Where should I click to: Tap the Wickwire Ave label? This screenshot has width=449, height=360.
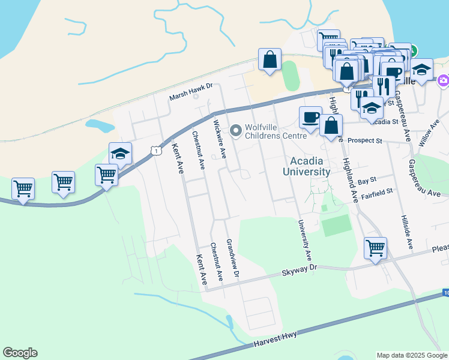point(220,139)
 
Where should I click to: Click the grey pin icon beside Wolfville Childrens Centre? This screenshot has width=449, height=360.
point(235,130)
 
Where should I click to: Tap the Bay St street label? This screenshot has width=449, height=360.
point(366,179)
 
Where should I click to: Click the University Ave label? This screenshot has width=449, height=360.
point(305,239)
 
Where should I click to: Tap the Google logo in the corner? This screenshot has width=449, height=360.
point(20,353)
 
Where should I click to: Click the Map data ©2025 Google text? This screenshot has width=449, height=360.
point(411,355)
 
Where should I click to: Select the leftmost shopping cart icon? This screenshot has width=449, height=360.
point(23,188)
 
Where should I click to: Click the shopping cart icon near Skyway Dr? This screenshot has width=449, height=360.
point(375,247)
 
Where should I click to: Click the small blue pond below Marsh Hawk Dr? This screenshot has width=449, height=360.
point(100,125)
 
